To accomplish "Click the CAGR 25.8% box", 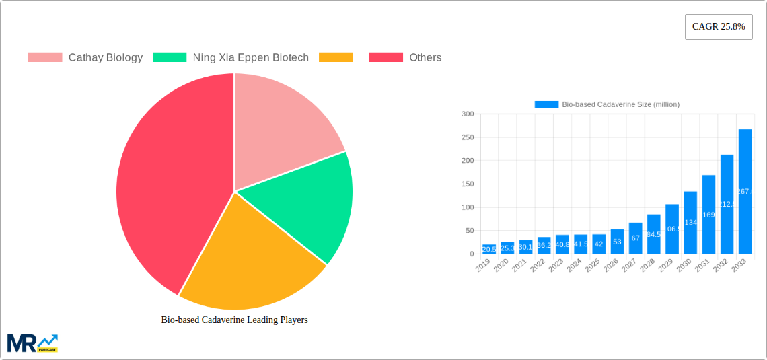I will tap(719, 27).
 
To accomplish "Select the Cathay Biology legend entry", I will tap(85, 58).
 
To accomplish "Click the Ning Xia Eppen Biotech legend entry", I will tap(231, 58).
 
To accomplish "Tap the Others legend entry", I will tap(405, 58).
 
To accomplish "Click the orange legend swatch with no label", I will tap(336, 58).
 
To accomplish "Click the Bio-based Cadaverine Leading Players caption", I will tap(234, 320).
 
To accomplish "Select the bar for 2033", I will tap(745, 191).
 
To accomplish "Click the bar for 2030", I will tap(690, 223).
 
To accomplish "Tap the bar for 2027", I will tap(635, 238).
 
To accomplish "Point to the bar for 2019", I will tap(489, 249).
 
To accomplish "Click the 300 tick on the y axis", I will tap(467, 114).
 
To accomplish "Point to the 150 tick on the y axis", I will tap(467, 184).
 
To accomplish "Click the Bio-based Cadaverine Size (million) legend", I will tap(607, 104).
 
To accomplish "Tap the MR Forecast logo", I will tap(32, 343).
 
